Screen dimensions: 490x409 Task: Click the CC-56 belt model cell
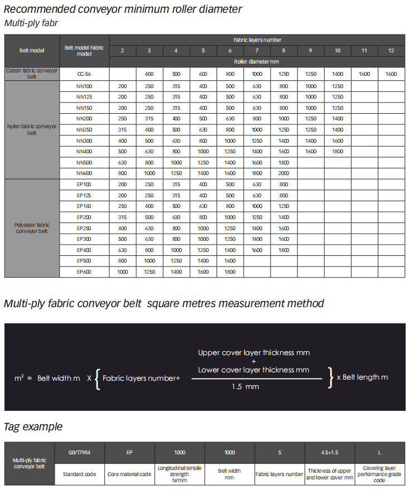click(84, 74)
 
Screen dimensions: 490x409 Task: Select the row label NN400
click(84, 151)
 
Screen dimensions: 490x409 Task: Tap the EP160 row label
click(84, 206)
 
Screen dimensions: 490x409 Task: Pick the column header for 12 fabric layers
click(391, 51)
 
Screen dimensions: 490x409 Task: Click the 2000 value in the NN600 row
click(283, 173)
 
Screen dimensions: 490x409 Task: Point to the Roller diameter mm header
click(257, 62)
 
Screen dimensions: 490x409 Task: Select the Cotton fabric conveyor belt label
click(32, 74)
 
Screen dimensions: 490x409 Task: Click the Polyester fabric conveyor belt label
click(32, 228)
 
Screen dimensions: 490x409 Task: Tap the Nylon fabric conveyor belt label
click(32, 129)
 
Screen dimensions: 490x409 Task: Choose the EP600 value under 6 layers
click(230, 272)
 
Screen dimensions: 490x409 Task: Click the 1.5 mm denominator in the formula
click(246, 386)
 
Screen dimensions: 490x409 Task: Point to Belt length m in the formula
click(365, 377)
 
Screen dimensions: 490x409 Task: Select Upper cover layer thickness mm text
click(254, 353)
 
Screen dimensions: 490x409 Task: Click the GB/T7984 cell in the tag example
click(79, 452)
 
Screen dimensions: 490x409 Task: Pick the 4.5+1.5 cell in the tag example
click(330, 452)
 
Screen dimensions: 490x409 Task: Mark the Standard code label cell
click(79, 474)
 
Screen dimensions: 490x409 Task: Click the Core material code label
click(129, 474)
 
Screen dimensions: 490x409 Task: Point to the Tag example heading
click(33, 427)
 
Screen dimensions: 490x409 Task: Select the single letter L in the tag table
click(379, 452)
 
